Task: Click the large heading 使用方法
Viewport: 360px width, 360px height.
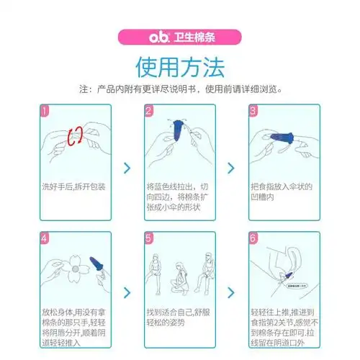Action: tap(179, 66)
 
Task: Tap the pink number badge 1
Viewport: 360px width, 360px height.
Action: tap(45, 112)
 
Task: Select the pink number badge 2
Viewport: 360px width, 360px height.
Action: tap(149, 112)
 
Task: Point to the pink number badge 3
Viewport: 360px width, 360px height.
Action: tap(253, 112)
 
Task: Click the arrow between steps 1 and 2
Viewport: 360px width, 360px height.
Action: tap(127, 168)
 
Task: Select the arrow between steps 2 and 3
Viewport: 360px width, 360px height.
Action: tap(231, 168)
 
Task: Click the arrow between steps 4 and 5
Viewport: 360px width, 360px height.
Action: tap(127, 292)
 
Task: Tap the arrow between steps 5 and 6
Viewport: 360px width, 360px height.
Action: tap(231, 292)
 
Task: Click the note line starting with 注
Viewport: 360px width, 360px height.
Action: tap(179, 89)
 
